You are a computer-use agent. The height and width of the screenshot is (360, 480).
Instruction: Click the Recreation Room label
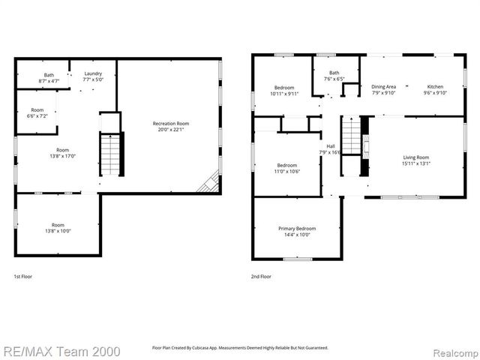pos(170,127)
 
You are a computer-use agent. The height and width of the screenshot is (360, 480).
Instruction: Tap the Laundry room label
pos(92,76)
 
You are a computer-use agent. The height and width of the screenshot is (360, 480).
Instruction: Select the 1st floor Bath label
pos(49,78)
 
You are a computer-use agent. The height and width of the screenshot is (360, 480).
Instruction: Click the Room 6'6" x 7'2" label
pos(37,113)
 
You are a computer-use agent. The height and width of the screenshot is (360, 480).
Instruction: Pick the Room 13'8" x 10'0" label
pos(58,228)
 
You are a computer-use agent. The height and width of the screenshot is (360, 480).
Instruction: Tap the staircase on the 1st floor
pos(110,153)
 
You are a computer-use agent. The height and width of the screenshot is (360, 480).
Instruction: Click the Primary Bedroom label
pos(297,232)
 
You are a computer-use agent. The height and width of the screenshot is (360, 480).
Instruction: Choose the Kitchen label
pos(435,89)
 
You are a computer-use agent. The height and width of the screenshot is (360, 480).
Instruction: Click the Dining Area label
pos(383,89)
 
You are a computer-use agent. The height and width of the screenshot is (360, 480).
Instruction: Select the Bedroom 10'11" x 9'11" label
pos(283,91)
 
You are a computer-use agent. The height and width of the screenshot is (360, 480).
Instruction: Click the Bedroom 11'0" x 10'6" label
pos(287,169)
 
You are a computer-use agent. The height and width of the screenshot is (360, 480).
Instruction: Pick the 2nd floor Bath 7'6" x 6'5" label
pos(334,75)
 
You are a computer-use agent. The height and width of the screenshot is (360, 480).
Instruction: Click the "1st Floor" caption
pos(23,277)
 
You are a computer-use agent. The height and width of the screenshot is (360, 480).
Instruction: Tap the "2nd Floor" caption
pos(261,277)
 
